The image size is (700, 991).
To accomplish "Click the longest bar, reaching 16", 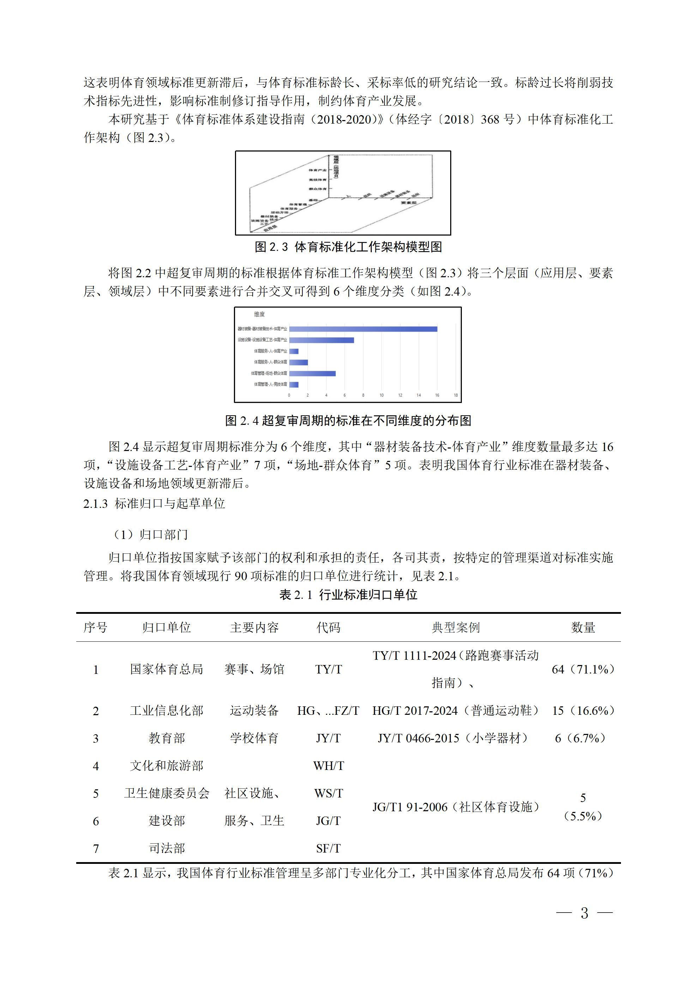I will pos(363,329).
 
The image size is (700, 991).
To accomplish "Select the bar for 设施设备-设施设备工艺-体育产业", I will pos(321,340).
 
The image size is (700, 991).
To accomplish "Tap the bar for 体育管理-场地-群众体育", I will pos(312,373).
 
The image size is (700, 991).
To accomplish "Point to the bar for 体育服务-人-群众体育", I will pos(298,362).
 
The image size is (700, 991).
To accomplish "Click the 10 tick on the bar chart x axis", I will pos(382,395).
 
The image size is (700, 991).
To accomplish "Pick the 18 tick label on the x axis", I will pos(456,395).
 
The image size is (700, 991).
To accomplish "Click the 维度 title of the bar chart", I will pos(259,314).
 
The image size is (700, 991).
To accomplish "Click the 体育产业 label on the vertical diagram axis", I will pos(318,170).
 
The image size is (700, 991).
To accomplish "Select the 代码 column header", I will pos(328,628).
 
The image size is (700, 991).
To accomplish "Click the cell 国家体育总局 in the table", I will pos(167,669).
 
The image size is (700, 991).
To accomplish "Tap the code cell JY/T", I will pos(328,738).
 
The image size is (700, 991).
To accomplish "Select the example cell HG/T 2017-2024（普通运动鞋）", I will pos(456,711).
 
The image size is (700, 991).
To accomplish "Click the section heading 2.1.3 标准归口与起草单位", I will pos(154,503).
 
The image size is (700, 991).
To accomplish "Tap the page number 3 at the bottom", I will pos(584,913).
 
